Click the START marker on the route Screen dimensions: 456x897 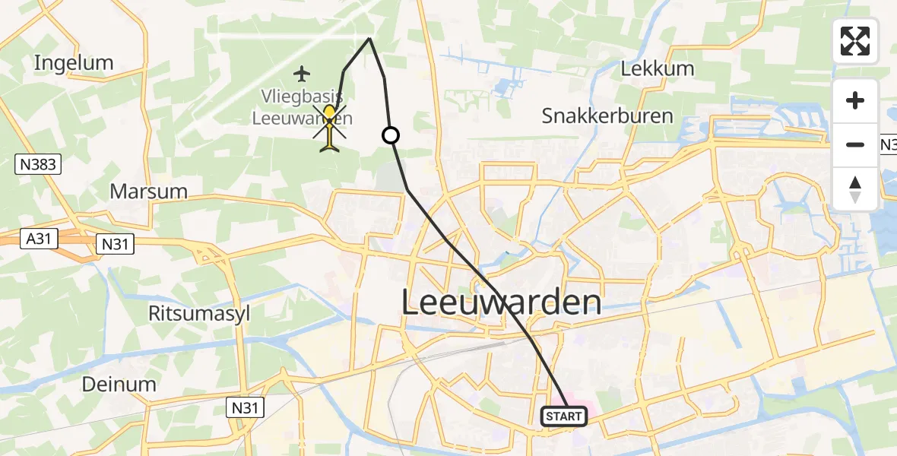coord(564,416)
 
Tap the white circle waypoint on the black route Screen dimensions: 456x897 coord(390,135)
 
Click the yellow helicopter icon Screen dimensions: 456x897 coord(329,127)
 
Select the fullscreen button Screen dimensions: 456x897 coord(855,41)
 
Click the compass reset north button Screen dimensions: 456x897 coord(855,189)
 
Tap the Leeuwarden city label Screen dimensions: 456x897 coord(501,303)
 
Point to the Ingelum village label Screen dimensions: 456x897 coord(74,62)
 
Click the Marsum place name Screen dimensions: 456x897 coord(149,191)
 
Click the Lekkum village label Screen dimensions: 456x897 coord(658,68)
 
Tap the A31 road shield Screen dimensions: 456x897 coord(39,239)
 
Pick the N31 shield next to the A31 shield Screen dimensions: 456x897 coord(116,244)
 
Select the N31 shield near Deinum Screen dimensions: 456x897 coord(247,408)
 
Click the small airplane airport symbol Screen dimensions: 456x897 coord(303,74)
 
